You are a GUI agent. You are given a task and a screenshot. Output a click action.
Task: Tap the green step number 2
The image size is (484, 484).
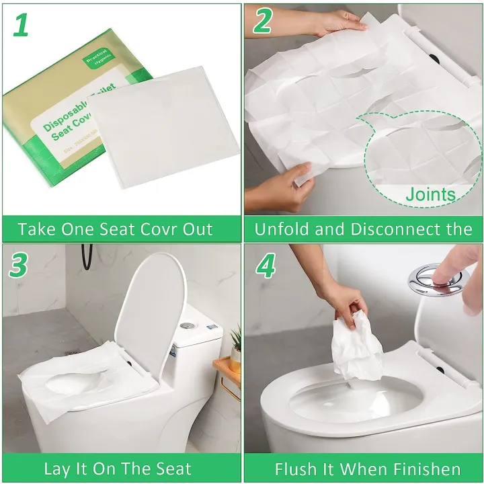click(263, 22)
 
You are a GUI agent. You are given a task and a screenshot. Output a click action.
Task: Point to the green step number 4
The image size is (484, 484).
click(266, 266)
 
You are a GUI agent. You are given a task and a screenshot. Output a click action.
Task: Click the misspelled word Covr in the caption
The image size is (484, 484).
click(166, 229)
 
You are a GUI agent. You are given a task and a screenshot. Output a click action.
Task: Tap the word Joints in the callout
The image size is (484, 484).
click(430, 195)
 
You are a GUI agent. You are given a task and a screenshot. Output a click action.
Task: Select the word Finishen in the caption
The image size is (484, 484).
click(425, 469)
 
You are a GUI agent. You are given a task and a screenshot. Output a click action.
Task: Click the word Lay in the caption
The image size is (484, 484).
click(57, 469)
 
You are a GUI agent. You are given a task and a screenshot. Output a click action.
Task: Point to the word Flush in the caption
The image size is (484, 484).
click(297, 469)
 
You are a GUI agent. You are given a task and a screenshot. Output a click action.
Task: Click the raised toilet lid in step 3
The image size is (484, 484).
click(150, 309)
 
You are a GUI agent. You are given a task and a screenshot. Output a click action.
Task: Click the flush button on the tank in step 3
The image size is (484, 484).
click(188, 325)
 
